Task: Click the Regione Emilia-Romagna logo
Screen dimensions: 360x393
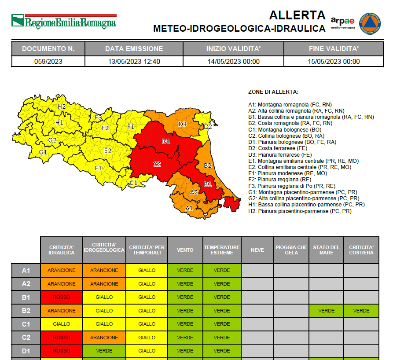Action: point(64,21)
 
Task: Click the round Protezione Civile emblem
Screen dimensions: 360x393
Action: point(371,23)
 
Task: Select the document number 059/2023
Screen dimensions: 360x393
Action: point(48,62)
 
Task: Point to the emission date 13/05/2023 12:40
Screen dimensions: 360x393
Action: point(134,62)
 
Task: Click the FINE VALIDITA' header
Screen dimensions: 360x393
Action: point(334,48)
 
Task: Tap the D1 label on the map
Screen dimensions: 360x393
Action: point(166,141)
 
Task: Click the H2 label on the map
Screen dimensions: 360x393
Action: point(62,107)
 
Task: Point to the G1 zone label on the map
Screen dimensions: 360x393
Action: point(43,152)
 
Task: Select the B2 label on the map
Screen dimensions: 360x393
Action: point(208,165)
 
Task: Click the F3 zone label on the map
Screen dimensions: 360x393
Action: point(98,118)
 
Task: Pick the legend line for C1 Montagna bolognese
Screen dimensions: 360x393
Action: point(285,130)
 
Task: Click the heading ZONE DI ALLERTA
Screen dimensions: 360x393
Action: point(273,92)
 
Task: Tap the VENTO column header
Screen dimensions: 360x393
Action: point(185,250)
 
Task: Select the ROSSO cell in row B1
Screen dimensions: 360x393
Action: point(61,297)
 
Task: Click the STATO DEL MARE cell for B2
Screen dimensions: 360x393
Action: point(326,311)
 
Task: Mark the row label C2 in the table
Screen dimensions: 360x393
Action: point(26,338)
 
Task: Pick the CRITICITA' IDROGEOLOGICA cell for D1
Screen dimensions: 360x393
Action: point(104,351)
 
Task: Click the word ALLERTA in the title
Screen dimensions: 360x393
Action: point(298,15)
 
